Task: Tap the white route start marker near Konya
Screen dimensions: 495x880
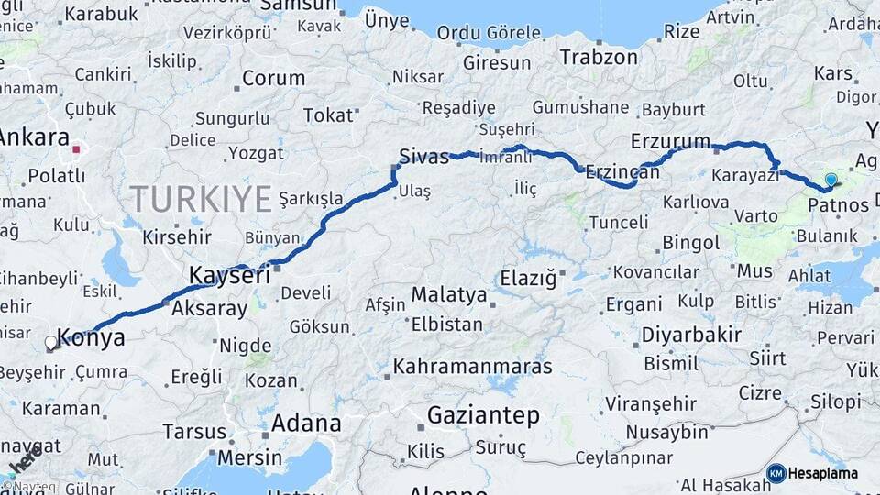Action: (x=50, y=343)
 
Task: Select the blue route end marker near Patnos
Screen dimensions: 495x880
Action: (x=830, y=180)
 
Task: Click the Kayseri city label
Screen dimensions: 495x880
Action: (x=229, y=274)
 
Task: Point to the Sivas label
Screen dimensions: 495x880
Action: (x=423, y=156)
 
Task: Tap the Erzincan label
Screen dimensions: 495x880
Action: (x=622, y=172)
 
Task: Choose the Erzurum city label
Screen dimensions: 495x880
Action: (x=670, y=141)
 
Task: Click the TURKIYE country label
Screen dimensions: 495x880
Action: (x=201, y=198)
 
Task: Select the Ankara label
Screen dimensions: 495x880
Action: (x=34, y=138)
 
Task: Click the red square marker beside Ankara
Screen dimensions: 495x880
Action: (x=78, y=147)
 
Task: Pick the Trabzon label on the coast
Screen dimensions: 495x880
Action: (x=599, y=57)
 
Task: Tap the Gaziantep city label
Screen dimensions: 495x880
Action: (x=483, y=415)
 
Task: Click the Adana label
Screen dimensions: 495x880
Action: (x=306, y=423)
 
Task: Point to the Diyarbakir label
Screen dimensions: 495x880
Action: (x=690, y=335)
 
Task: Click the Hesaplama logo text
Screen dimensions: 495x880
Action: (x=823, y=473)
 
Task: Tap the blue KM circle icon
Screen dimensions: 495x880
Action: (x=775, y=473)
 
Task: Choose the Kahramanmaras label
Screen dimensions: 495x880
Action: (x=472, y=367)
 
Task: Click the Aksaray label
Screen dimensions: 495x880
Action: (x=209, y=308)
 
